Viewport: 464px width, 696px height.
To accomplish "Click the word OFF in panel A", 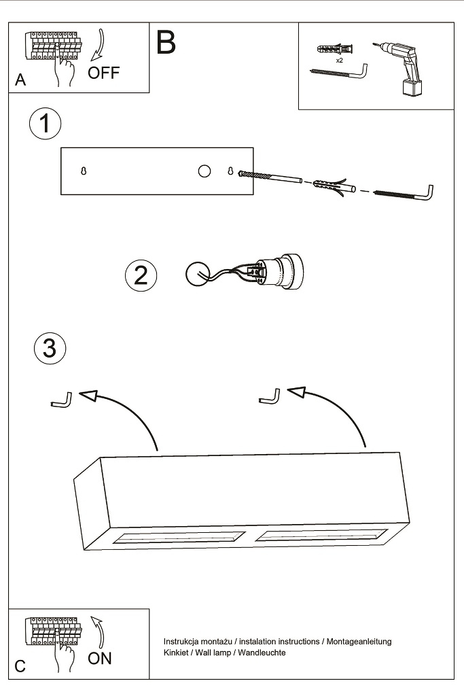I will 103,73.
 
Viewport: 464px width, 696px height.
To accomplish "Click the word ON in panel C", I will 100,657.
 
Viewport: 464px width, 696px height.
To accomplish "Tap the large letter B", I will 166,43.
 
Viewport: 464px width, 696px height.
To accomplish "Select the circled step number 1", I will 45,124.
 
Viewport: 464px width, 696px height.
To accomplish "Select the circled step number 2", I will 141,275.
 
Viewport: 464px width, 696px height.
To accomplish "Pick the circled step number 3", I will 50,349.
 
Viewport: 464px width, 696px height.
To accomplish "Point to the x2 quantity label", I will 339,60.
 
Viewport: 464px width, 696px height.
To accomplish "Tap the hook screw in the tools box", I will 340,73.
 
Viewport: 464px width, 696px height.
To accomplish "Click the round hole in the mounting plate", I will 204,171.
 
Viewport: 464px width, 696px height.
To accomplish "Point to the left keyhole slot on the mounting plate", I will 84,171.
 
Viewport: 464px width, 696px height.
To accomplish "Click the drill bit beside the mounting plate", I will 270,177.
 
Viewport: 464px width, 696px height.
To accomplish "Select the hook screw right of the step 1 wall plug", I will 406,194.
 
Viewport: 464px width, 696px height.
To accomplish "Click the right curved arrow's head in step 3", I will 297,392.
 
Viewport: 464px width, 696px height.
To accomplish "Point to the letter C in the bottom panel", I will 20,666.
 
